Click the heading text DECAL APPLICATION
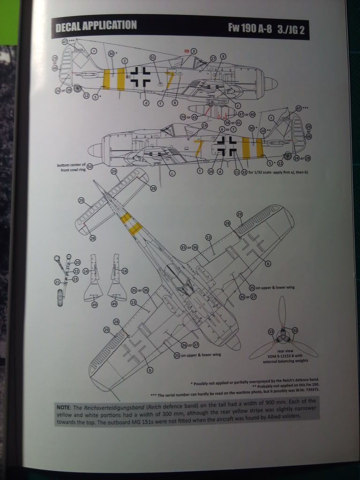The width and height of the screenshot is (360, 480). tap(96, 26)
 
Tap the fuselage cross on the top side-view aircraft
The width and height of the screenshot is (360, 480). tap(141, 76)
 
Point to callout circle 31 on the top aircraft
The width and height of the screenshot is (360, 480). tap(152, 58)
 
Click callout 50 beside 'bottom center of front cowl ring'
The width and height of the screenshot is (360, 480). tap(90, 166)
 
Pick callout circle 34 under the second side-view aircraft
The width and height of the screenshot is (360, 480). tap(211, 171)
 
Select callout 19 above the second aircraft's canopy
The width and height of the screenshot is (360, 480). tap(204, 126)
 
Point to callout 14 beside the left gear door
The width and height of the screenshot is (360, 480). tap(85, 271)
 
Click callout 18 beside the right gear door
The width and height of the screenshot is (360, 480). tap(124, 271)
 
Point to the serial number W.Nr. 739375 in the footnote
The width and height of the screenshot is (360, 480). tap(309, 390)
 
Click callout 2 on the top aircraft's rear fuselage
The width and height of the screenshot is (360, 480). tap(125, 60)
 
